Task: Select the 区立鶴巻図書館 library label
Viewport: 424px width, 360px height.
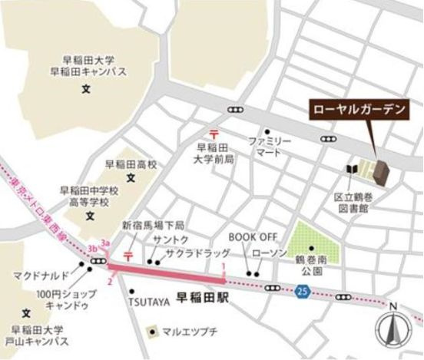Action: coord(353,202)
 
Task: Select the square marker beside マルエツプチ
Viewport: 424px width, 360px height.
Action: coord(153,332)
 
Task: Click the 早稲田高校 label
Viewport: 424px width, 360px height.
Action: coord(131,163)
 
